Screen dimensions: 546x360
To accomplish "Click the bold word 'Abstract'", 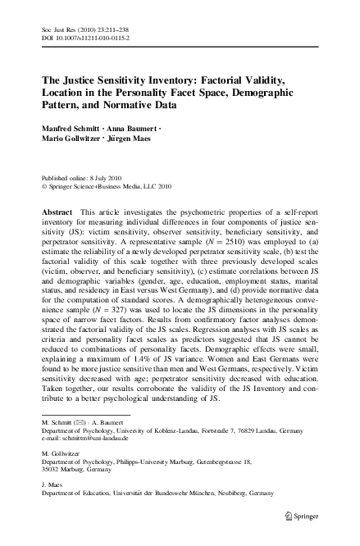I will [x=58, y=212].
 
